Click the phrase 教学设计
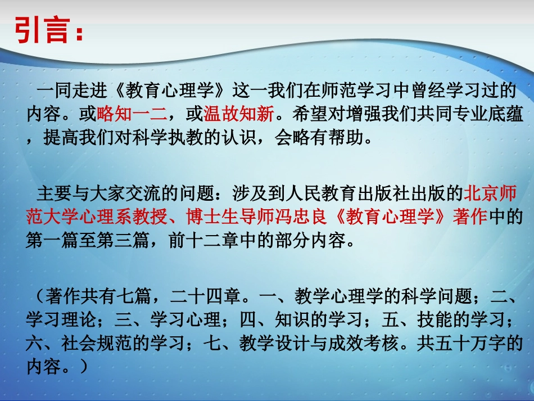coord(247,343)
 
